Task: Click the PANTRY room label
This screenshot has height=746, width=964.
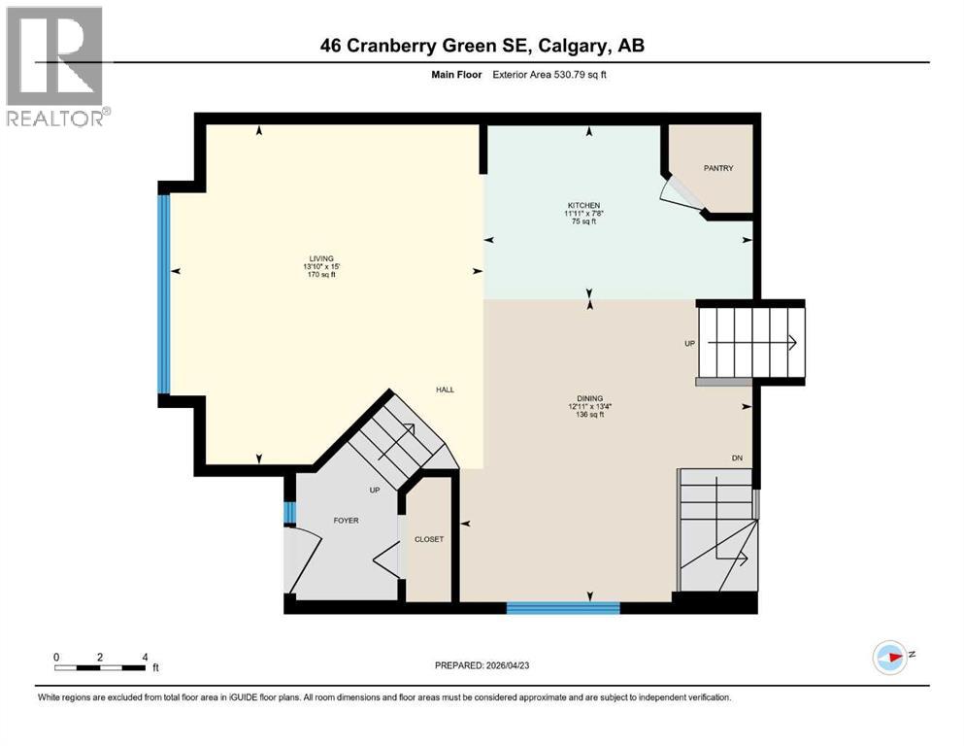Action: pyautogui.click(x=718, y=169)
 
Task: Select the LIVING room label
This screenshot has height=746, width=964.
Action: pyautogui.click(x=321, y=258)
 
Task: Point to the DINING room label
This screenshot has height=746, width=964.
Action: pyautogui.click(x=589, y=398)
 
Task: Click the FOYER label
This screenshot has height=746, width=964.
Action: pyautogui.click(x=346, y=521)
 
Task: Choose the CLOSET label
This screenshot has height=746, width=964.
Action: pyautogui.click(x=428, y=539)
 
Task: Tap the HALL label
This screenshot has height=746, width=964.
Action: pyautogui.click(x=445, y=390)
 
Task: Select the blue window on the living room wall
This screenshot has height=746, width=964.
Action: pyautogui.click(x=164, y=293)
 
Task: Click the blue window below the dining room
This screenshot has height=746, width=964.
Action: pyautogui.click(x=563, y=608)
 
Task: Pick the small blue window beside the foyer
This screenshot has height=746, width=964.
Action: pyautogui.click(x=288, y=512)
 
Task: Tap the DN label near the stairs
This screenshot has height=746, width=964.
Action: pyautogui.click(x=737, y=458)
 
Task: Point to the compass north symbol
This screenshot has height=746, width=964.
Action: pyautogui.click(x=889, y=658)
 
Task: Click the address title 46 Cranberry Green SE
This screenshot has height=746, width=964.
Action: pyautogui.click(x=482, y=46)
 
